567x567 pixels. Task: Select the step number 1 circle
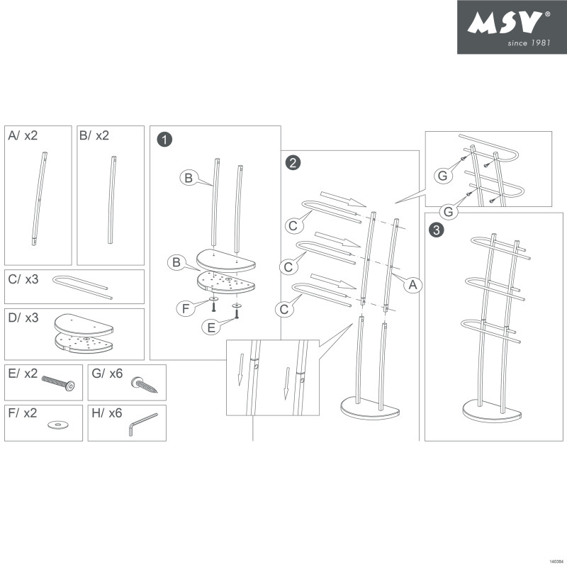tap(164, 140)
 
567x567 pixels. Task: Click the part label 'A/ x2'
tap(23, 135)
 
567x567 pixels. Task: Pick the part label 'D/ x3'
tap(23, 318)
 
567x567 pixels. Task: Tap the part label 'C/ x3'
tap(23, 279)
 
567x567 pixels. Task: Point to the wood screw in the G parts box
tap(145, 386)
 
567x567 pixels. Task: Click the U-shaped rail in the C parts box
tap(81, 284)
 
